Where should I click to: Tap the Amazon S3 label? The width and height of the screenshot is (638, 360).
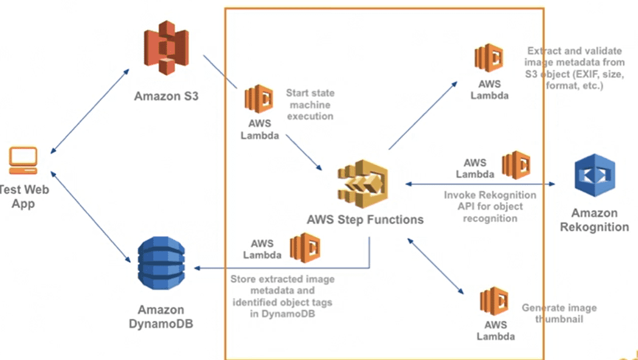pos(166,96)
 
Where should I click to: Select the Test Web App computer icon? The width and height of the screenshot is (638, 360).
pos(24,159)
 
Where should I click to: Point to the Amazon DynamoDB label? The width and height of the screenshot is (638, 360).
pos(161,316)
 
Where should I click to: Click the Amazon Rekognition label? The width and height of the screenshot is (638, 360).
pos(594,220)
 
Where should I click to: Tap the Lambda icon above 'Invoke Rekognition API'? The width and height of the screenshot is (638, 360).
pos(516,165)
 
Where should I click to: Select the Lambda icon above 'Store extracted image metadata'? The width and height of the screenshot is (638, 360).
pos(305,247)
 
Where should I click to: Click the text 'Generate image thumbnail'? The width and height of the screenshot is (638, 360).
pos(559,313)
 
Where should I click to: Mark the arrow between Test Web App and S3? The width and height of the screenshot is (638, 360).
pos(90,110)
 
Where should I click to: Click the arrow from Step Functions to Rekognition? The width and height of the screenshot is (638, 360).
pos(480,184)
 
